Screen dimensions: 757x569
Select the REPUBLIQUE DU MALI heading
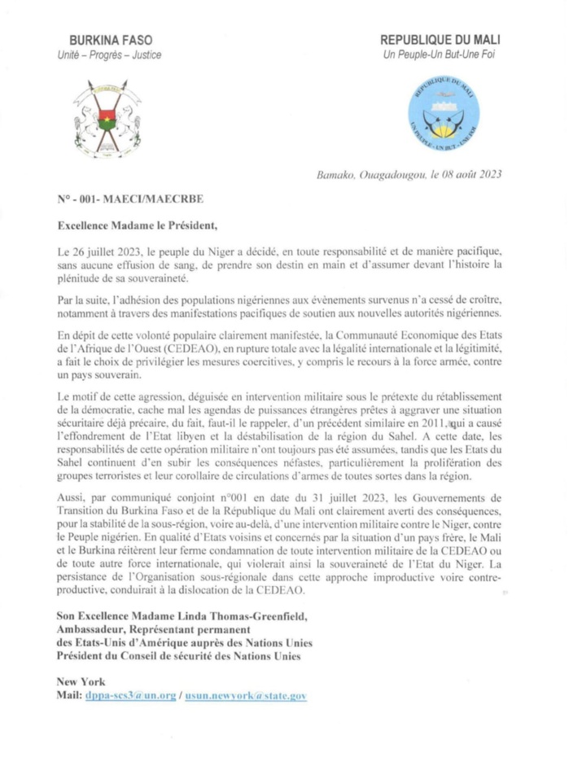[x=440, y=40]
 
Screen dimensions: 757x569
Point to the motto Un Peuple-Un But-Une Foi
[x=440, y=55]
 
